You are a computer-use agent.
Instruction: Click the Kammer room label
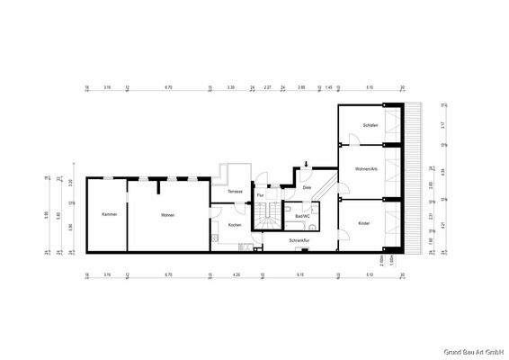110,214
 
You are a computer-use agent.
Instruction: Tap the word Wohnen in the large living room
167,214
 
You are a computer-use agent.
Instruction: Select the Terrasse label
235,193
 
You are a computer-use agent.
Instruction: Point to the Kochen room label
235,225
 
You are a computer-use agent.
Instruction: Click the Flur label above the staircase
260,194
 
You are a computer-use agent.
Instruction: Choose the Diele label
307,188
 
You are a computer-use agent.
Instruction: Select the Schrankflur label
299,241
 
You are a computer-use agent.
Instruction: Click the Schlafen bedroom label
371,125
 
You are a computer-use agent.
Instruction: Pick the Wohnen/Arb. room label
368,169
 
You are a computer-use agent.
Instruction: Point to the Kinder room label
364,223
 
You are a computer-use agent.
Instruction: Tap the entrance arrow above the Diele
307,164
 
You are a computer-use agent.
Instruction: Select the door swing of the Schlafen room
354,141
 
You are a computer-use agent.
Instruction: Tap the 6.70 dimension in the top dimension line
168,87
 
